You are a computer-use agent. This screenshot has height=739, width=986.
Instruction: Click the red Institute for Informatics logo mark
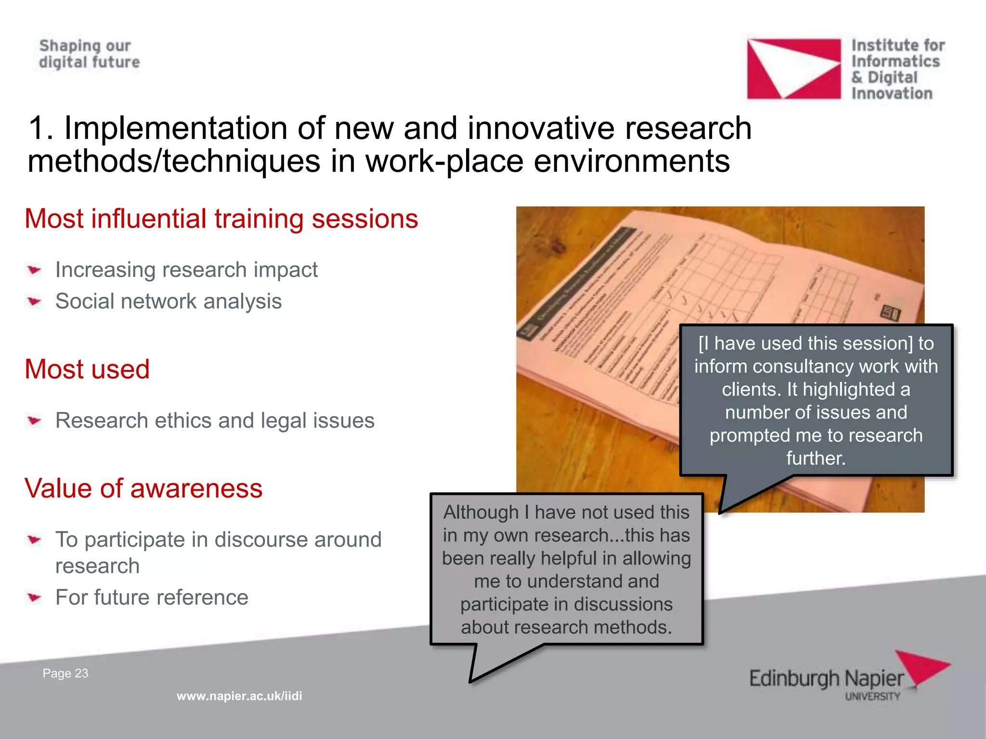[793, 69]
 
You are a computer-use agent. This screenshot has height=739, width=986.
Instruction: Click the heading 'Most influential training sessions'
[221, 219]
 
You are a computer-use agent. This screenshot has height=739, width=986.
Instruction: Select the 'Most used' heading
[87, 369]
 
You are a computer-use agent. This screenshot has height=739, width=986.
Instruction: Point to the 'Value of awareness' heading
[143, 488]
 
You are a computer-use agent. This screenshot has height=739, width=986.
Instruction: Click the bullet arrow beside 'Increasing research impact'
[34, 270]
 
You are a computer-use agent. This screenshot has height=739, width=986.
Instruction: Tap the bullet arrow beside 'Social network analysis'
[34, 302]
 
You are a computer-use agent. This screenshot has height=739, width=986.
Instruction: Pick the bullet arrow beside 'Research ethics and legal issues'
[34, 421]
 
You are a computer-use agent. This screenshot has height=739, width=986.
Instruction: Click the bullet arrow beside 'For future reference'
[34, 598]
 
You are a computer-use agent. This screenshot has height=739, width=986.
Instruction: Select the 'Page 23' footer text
[65, 673]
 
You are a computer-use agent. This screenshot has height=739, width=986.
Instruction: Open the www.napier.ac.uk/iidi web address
[239, 696]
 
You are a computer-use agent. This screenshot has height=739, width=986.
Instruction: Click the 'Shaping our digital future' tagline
[90, 54]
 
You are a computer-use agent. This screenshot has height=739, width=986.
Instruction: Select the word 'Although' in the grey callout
[481, 512]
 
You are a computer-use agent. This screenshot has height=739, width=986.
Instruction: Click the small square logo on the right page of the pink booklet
[890, 313]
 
